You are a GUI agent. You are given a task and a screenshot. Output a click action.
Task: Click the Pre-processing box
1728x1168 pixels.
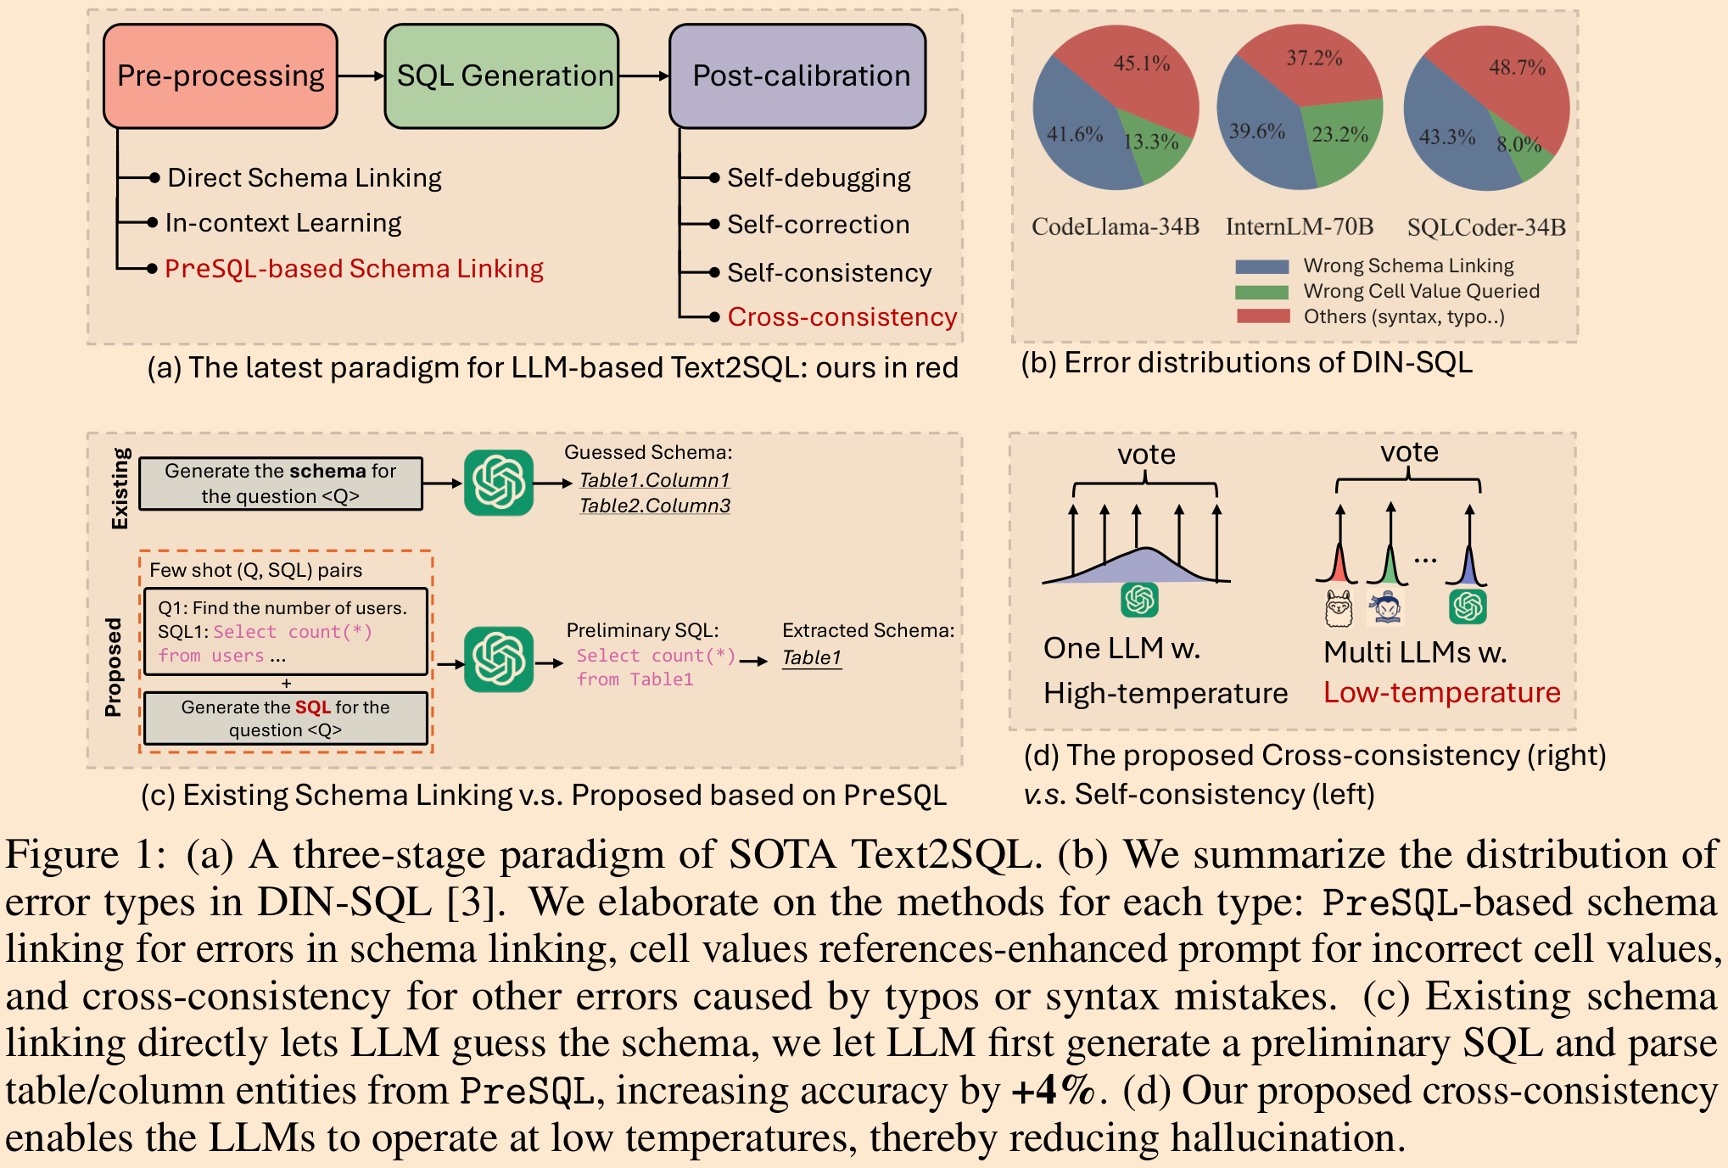221,76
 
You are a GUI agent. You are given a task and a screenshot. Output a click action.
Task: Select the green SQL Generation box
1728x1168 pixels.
501,76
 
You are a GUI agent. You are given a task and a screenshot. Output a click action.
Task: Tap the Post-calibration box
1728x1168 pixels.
797,76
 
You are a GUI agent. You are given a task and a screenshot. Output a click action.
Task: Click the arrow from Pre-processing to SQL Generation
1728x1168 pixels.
361,76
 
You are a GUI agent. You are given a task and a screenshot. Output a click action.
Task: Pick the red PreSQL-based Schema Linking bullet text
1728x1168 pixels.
354,269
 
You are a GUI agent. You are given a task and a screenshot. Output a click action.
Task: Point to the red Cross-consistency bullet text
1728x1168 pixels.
842,316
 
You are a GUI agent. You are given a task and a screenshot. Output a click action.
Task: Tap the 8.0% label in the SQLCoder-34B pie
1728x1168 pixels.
1518,144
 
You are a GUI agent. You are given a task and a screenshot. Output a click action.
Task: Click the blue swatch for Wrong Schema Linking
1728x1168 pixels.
1261,266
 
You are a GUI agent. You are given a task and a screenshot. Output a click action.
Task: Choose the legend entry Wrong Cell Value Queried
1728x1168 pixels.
1421,291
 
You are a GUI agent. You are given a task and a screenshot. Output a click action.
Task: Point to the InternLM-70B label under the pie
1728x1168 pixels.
1299,226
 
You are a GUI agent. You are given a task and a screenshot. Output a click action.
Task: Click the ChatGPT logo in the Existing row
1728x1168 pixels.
499,483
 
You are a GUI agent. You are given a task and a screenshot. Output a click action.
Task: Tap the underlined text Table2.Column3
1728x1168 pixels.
654,506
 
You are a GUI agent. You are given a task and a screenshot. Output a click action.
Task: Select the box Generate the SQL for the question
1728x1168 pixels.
285,718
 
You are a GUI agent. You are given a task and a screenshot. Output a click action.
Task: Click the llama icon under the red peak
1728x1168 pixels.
1339,608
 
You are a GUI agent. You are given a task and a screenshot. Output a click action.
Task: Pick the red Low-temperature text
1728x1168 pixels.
1441,693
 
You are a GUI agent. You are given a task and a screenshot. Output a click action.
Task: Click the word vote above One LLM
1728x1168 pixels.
1145,455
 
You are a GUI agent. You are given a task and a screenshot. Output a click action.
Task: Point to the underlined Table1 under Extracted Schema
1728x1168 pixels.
811,657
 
